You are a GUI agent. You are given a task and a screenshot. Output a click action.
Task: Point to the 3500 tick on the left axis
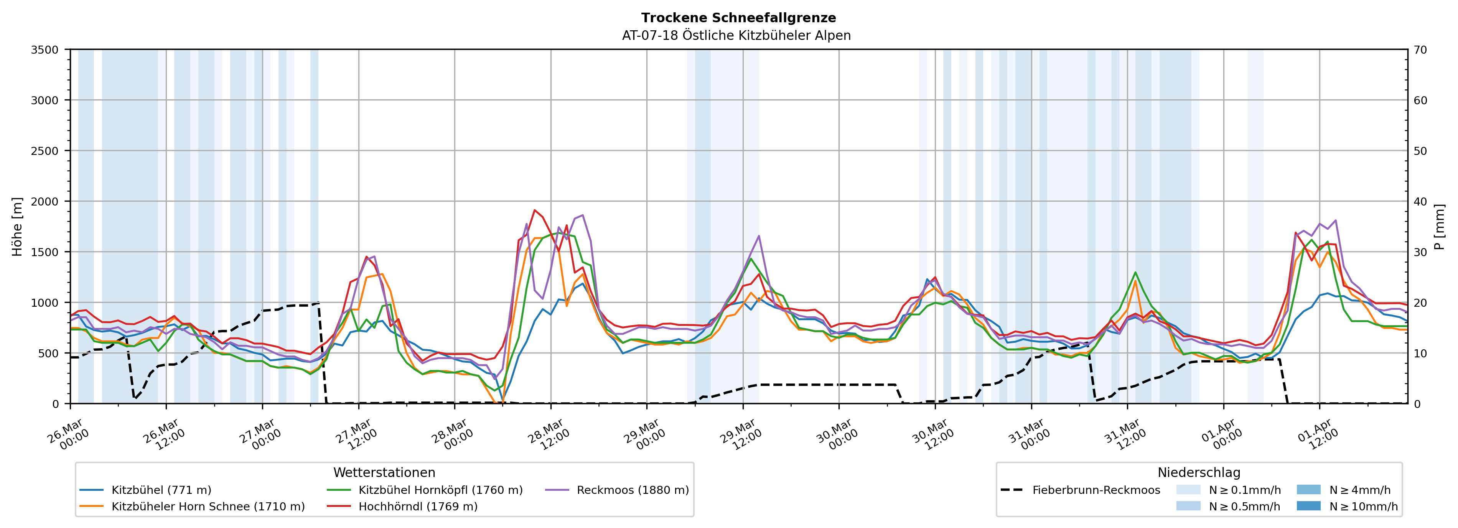pos(45,50)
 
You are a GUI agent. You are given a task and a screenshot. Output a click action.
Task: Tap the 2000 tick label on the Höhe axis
pos(45,201)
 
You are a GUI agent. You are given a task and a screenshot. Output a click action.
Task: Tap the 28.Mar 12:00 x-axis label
pos(548,434)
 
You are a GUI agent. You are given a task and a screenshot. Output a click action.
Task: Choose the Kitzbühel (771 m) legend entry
pos(161,490)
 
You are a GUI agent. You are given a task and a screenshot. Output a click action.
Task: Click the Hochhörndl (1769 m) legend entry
pos(418,507)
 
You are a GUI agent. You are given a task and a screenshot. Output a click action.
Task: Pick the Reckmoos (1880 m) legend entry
pos(632,490)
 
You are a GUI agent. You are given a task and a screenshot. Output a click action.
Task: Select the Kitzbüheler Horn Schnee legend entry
pos(208,507)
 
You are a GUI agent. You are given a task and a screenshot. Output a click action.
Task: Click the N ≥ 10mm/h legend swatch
pos(1308,506)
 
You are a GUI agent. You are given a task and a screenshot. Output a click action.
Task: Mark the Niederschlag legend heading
pos(1198,472)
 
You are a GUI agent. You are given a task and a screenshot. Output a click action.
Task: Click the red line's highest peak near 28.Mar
pos(534,210)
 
